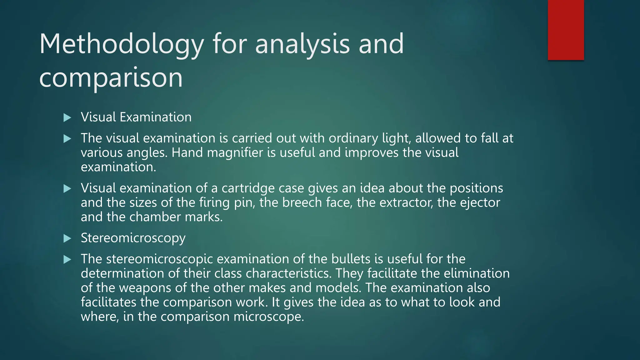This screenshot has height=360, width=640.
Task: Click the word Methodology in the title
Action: click(x=121, y=44)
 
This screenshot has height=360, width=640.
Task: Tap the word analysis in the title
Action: click(x=302, y=44)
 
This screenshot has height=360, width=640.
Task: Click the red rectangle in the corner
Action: click(x=566, y=30)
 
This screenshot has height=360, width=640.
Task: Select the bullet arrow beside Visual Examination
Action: click(x=67, y=118)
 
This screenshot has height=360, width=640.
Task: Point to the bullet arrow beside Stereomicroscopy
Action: click(x=67, y=239)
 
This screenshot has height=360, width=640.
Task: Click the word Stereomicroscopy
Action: click(x=133, y=238)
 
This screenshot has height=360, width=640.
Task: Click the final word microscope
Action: click(x=268, y=317)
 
